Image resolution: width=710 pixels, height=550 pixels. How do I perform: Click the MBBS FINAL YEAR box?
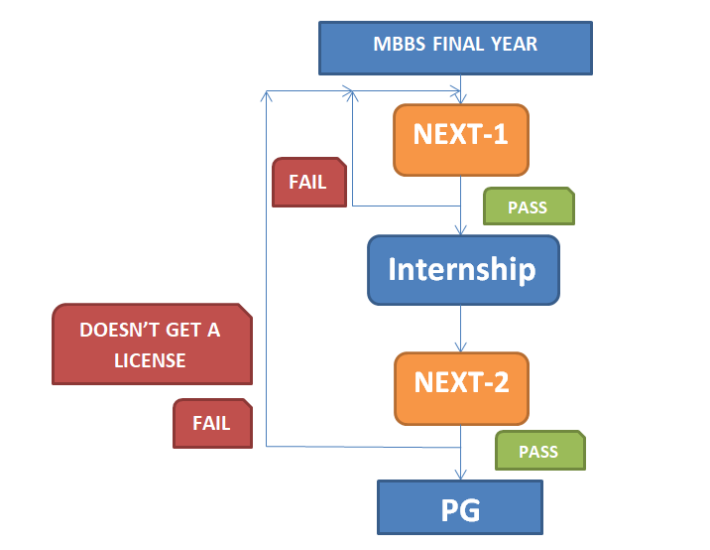[x=455, y=48]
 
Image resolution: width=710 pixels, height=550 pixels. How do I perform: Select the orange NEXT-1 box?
[x=461, y=140]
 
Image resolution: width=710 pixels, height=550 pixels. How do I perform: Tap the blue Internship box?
[x=463, y=270]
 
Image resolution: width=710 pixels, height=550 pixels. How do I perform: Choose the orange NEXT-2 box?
[x=461, y=388]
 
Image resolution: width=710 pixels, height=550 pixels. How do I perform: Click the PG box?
[x=460, y=507]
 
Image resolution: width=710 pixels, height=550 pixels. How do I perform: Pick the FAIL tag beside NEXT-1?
[x=309, y=183]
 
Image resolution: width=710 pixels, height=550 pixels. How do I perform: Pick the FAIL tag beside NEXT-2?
[x=212, y=424]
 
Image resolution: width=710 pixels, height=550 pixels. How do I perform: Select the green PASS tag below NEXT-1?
[x=529, y=206]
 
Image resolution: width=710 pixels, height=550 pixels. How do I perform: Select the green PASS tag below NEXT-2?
[x=540, y=451]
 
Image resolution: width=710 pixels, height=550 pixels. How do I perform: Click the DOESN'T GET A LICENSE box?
[x=152, y=344]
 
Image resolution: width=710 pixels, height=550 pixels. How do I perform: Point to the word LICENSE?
[x=150, y=361]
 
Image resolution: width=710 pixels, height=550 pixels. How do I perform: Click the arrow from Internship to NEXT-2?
[x=460, y=329]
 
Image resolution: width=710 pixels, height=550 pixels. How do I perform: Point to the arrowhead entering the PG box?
[x=460, y=474]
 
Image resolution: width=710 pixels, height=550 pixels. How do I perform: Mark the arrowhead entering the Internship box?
[x=460, y=229]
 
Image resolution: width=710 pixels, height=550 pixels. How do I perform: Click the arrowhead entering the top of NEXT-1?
[x=460, y=98]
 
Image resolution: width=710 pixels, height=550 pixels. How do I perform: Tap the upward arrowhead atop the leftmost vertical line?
[x=266, y=96]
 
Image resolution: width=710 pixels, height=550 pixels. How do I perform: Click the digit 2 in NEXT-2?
[x=501, y=382]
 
